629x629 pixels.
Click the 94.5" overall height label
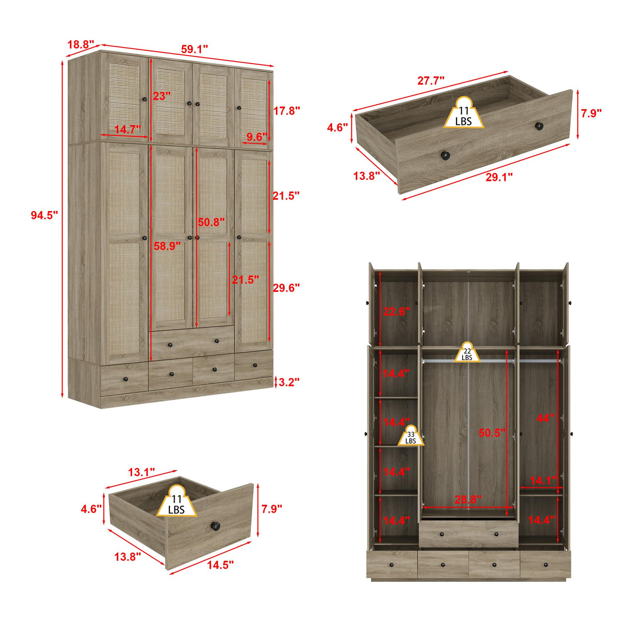(44, 216)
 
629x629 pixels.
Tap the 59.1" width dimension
(194, 50)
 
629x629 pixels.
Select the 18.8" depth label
(80, 45)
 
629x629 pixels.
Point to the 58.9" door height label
(167, 247)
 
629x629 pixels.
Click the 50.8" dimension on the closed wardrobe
(211, 222)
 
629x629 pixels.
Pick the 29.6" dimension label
(286, 288)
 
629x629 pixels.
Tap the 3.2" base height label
(289, 382)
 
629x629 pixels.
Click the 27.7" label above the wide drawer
(431, 81)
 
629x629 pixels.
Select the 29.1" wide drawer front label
(499, 177)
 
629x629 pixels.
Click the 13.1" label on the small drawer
(141, 472)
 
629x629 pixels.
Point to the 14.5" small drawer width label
(221, 565)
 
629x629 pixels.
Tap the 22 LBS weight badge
(467, 353)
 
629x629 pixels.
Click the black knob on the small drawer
(216, 527)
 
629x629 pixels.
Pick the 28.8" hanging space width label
(468, 499)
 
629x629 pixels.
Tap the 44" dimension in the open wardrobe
(545, 418)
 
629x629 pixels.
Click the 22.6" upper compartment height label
(396, 311)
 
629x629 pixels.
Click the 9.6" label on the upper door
(256, 137)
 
